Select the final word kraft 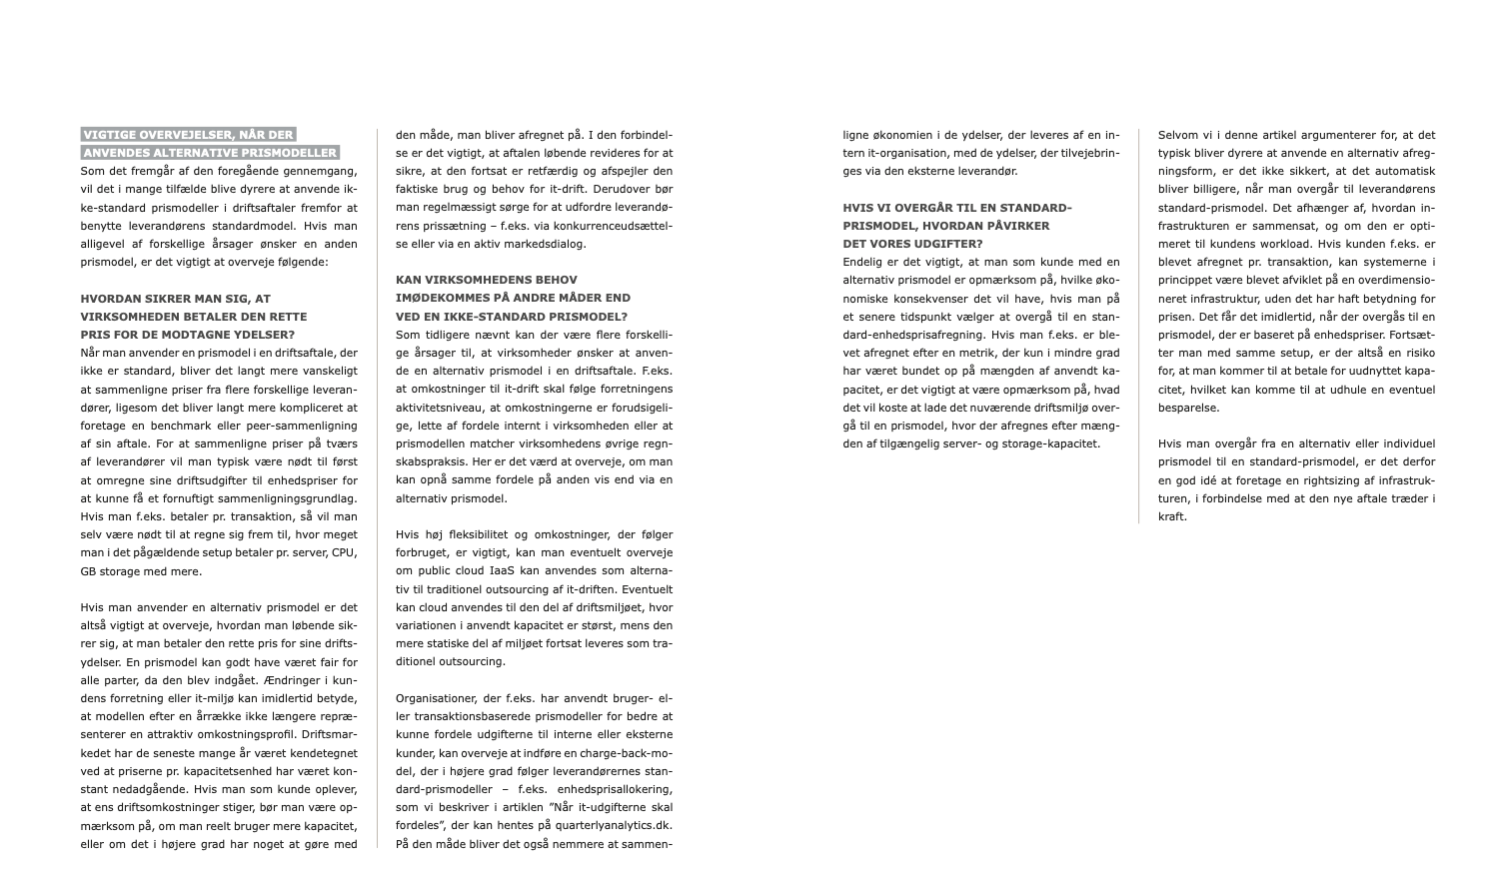[1171, 516]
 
